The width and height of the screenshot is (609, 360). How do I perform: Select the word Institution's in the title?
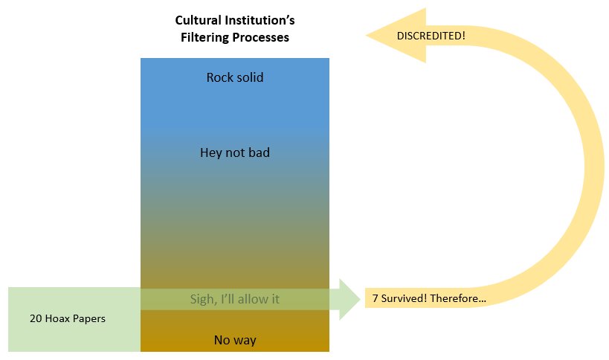260,20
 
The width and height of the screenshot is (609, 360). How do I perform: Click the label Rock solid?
235,77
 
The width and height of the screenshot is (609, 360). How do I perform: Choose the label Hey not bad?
235,153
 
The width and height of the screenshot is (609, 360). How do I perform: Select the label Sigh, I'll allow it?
235,299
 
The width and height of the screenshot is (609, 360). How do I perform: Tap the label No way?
235,340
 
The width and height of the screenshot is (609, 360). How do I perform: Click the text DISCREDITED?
431,36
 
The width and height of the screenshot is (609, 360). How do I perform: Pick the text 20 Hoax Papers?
68,318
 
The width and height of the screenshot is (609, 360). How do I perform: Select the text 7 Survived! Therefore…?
429,299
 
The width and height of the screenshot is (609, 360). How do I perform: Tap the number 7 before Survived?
376,299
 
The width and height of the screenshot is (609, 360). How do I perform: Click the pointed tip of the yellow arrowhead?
366,35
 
